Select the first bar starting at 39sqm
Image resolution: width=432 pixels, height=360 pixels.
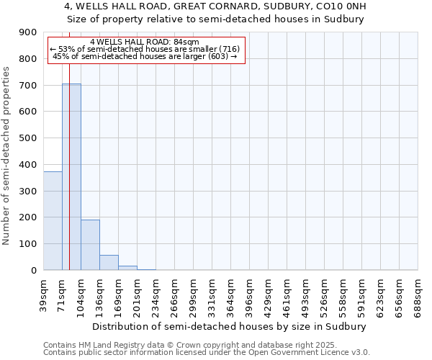pos(53,220)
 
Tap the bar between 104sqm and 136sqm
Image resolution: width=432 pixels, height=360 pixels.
pos(90,245)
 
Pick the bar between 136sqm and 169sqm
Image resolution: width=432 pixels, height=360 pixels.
pos(109,263)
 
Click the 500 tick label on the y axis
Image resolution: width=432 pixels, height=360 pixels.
pos(28,138)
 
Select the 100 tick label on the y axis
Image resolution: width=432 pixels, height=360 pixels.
pos(28,244)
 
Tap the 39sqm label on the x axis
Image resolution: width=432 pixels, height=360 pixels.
pos(43,292)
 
